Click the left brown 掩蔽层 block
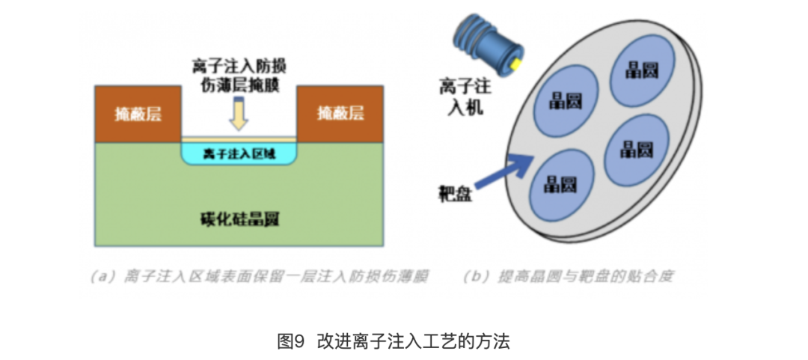click(x=138, y=114)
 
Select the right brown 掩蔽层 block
click(x=341, y=114)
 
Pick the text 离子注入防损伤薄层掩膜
click(x=239, y=76)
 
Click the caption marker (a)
click(x=102, y=276)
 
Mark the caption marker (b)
click(x=476, y=276)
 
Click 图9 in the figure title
click(x=291, y=342)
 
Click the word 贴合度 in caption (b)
click(x=655, y=276)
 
